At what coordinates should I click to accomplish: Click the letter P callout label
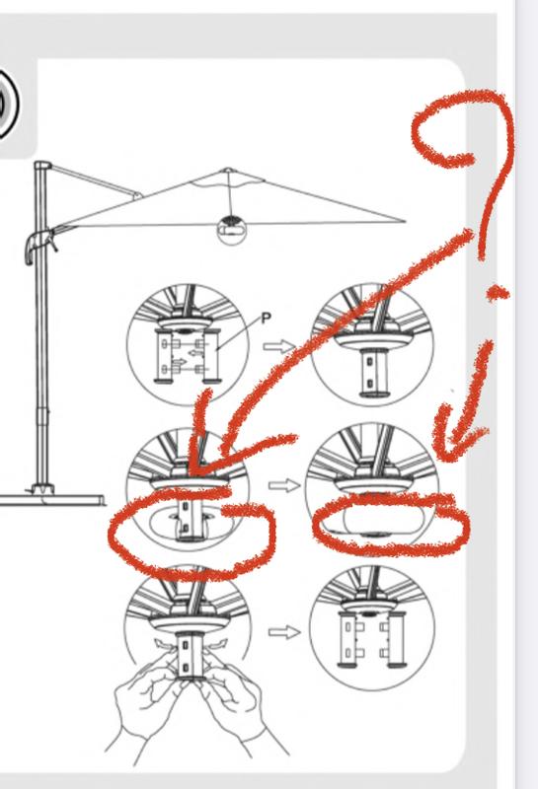[x=267, y=318]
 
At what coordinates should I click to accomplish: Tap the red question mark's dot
[x=498, y=292]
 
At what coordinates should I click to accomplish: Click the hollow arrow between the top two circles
[x=279, y=346]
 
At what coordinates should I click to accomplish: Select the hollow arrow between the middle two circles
[x=284, y=485]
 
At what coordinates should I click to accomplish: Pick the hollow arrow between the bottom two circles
[x=284, y=632]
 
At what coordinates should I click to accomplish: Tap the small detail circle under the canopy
[x=232, y=230]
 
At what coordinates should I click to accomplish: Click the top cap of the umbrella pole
[x=42, y=165]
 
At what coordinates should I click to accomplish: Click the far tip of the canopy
[x=404, y=221]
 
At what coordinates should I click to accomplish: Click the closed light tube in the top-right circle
[x=372, y=373]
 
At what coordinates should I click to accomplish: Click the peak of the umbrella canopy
[x=228, y=170]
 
